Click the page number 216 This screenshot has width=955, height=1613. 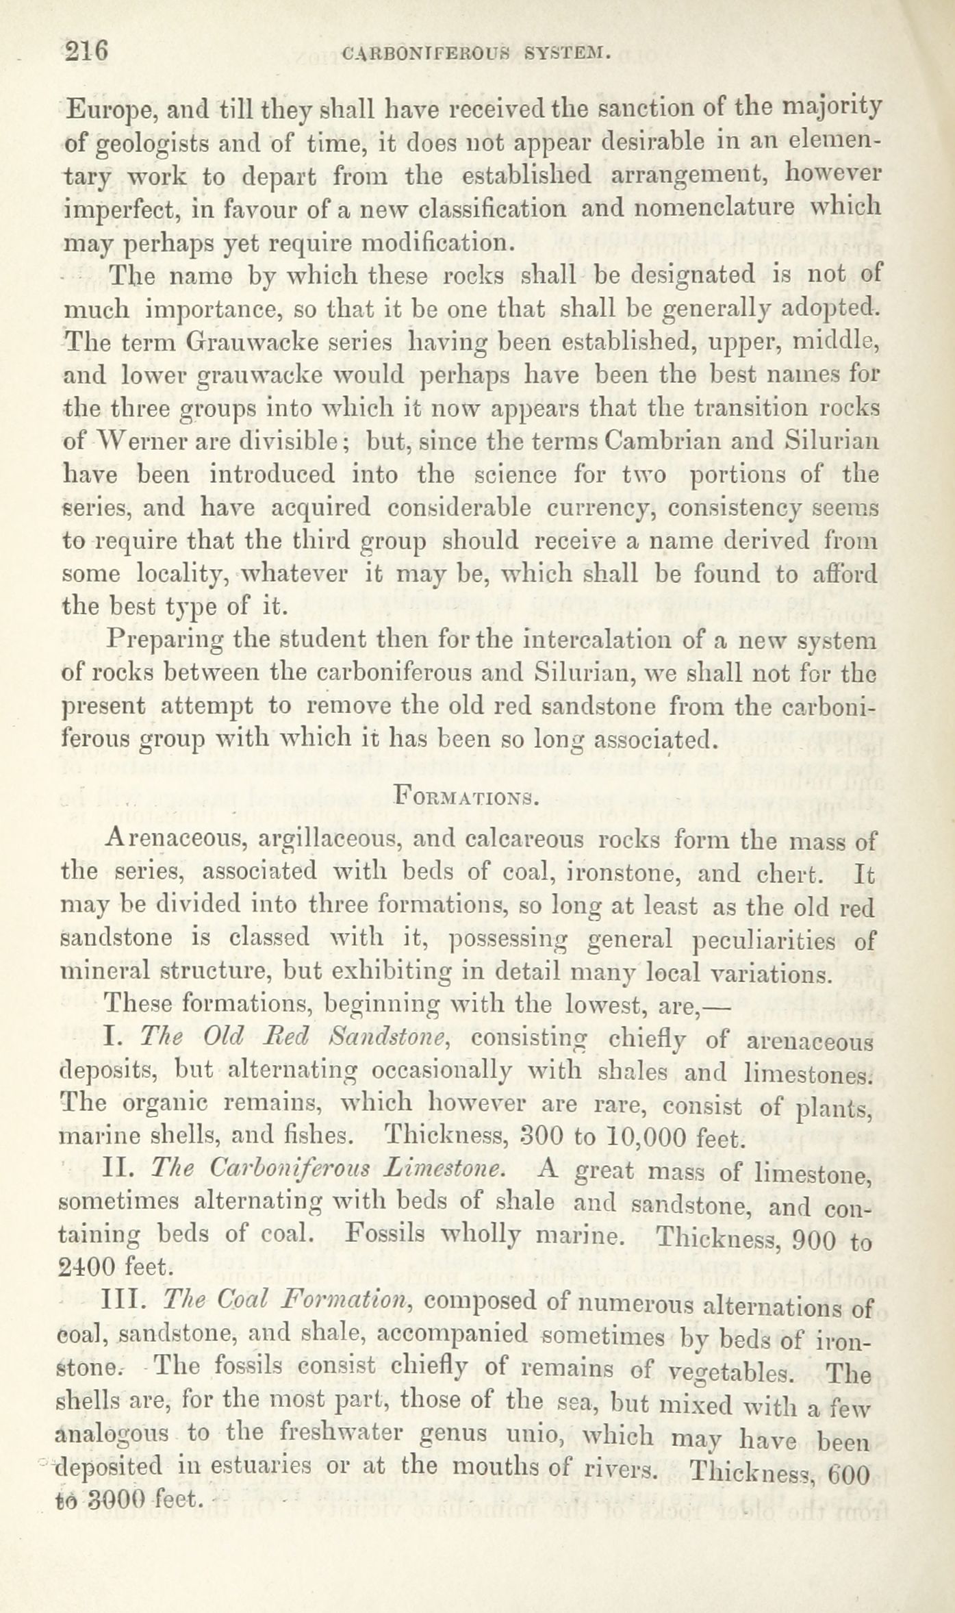point(86,51)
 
